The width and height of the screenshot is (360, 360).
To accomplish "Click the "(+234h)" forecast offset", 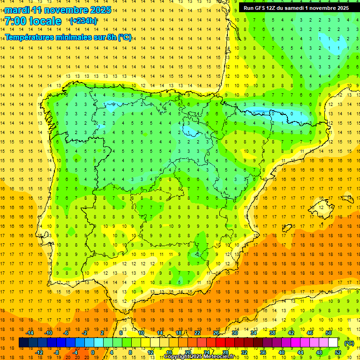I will [83, 21].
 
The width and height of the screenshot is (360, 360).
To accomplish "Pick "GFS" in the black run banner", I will [261, 8].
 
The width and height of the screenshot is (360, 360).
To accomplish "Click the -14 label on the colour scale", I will [30, 333].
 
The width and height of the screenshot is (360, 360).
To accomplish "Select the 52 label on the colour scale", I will [338, 352].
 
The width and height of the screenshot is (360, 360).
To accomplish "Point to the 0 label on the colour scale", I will [92, 352].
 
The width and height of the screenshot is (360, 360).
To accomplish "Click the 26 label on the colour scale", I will [216, 333].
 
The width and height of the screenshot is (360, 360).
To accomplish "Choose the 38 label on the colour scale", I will [272, 333].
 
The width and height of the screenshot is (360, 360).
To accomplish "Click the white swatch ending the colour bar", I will [333, 343].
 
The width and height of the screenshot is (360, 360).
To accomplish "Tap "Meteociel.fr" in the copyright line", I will [216, 357].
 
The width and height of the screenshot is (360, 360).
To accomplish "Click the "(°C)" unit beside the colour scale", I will [349, 343].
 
